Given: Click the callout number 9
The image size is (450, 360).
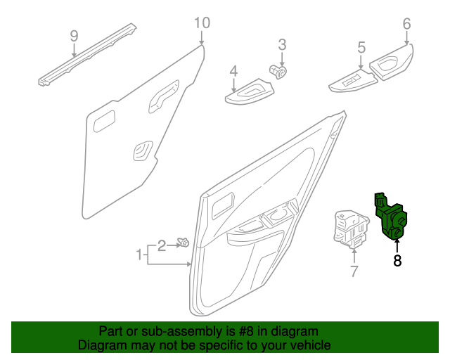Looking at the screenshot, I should tap(74, 35).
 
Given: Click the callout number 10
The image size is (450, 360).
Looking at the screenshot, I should tap(202, 23).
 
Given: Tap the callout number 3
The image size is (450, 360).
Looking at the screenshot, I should tap(282, 45).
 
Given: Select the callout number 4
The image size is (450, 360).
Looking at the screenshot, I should tap(233, 71).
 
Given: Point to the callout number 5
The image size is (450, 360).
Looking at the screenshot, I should tap(361, 48).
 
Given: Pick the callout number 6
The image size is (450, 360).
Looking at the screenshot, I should tap(406, 24).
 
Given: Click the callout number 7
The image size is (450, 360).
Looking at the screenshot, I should tap(354, 271).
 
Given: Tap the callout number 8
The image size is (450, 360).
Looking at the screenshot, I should tap(397, 261).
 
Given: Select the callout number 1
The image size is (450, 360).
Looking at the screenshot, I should tap(140, 253).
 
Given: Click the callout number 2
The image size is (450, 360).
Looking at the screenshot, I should tap(161, 245).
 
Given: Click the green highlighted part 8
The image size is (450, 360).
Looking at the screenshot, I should tap(392, 217).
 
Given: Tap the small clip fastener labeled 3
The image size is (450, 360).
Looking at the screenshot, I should tap(278, 70).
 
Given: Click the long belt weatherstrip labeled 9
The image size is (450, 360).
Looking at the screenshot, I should tap(87, 55).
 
